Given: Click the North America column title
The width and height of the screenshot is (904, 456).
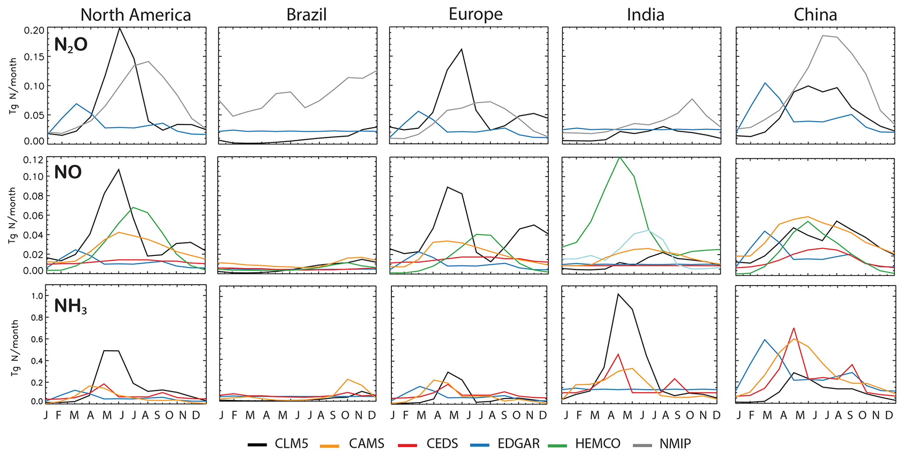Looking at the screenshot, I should pos(136,15).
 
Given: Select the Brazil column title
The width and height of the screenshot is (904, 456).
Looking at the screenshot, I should pos(306,15).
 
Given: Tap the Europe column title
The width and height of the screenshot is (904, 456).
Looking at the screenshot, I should pos(475,14).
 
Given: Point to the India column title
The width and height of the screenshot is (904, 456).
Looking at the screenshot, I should pos(646,15).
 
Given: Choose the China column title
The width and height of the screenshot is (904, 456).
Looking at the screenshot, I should pos(815,15).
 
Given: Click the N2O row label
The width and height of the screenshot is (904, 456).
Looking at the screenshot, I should pos(71,45).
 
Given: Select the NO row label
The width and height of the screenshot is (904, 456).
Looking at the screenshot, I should pos(68,172).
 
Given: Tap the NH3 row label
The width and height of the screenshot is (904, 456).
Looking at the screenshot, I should pos(70,306).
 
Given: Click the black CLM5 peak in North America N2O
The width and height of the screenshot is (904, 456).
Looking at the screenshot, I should pos(119,28).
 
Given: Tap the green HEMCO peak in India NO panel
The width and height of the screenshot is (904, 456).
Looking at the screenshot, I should pos(620,157).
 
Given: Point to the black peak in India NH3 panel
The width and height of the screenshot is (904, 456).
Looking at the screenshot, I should pos(618,294).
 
